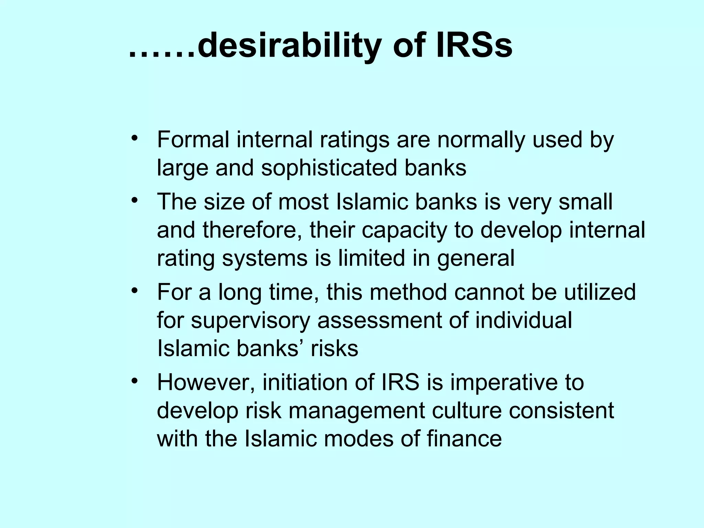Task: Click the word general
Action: [x=476, y=259]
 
